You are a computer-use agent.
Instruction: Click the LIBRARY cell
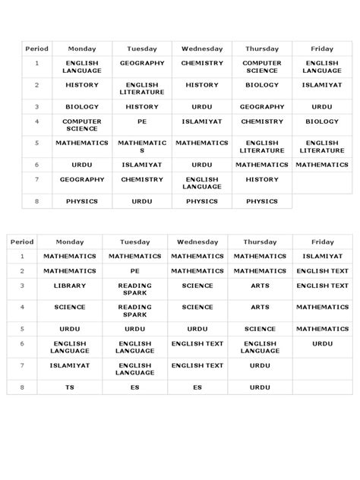(x=70, y=286)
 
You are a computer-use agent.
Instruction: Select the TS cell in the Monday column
(x=70, y=387)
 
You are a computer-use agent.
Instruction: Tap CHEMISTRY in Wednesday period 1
(x=202, y=63)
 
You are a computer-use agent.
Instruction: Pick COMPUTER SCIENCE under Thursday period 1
(x=262, y=67)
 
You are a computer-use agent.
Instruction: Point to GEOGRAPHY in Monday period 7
(x=82, y=179)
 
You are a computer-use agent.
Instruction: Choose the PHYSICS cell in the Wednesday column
(x=202, y=201)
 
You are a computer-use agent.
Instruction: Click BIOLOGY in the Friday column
(x=322, y=121)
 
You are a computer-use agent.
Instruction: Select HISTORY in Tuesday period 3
(x=142, y=106)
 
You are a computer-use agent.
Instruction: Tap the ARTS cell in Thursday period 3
(x=260, y=286)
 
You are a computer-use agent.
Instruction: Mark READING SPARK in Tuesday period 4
(x=134, y=311)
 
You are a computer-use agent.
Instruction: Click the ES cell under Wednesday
(x=197, y=387)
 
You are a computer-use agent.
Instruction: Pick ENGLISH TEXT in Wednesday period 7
(x=197, y=365)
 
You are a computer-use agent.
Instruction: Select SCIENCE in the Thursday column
(x=260, y=329)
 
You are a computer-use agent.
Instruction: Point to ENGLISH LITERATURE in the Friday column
(x=322, y=146)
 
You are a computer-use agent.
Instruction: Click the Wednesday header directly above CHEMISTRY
(x=202, y=49)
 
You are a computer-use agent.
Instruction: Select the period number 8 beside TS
(x=22, y=387)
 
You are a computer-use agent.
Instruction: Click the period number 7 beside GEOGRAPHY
(x=36, y=179)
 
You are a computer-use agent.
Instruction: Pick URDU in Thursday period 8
(x=260, y=387)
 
